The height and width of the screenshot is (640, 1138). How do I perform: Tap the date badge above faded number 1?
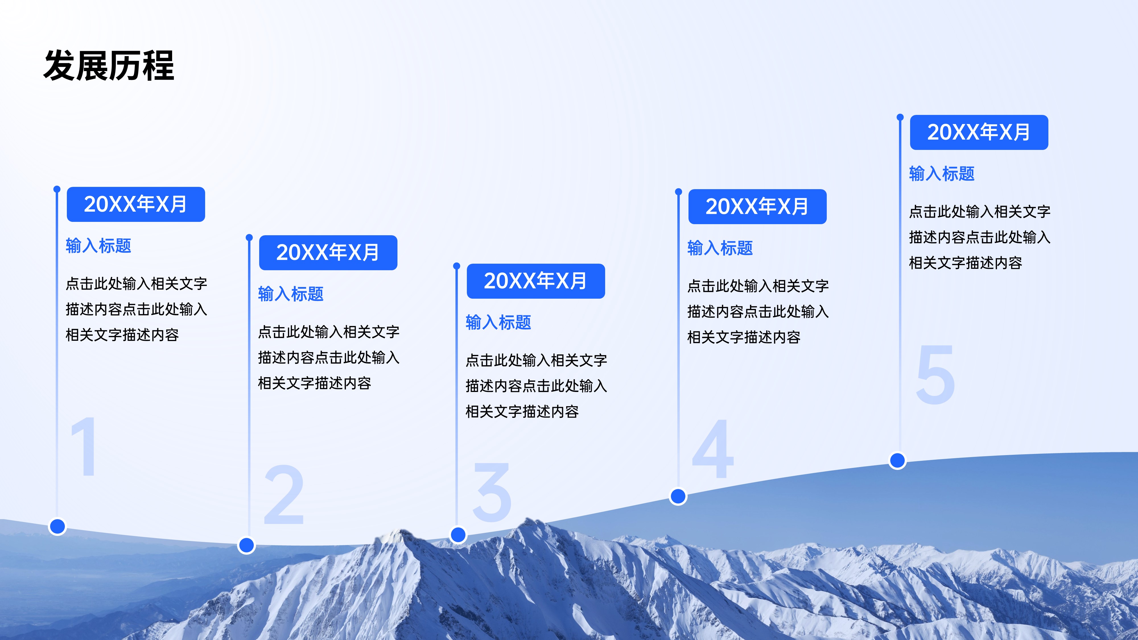[x=136, y=204]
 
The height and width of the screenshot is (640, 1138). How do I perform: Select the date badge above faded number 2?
[x=328, y=252]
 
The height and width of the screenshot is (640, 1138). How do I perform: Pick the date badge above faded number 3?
[x=535, y=281]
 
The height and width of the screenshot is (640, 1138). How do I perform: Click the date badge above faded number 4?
[x=757, y=206]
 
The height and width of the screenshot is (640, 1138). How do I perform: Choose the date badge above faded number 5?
[x=978, y=132]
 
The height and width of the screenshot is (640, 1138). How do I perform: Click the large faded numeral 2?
[x=284, y=495]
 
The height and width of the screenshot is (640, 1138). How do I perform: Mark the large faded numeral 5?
[x=935, y=375]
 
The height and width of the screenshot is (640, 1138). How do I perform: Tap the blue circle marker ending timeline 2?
[x=246, y=545]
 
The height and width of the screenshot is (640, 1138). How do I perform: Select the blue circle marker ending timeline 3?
[x=458, y=534]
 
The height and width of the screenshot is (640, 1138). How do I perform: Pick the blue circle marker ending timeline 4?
[x=678, y=496]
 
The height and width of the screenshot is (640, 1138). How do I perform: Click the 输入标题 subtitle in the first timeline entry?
[x=98, y=245]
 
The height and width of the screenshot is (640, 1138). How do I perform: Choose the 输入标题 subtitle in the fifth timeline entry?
[x=942, y=174]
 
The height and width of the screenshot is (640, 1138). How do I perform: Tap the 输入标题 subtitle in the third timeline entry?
[x=498, y=323]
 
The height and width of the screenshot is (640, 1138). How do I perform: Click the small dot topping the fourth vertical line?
[x=679, y=192]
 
